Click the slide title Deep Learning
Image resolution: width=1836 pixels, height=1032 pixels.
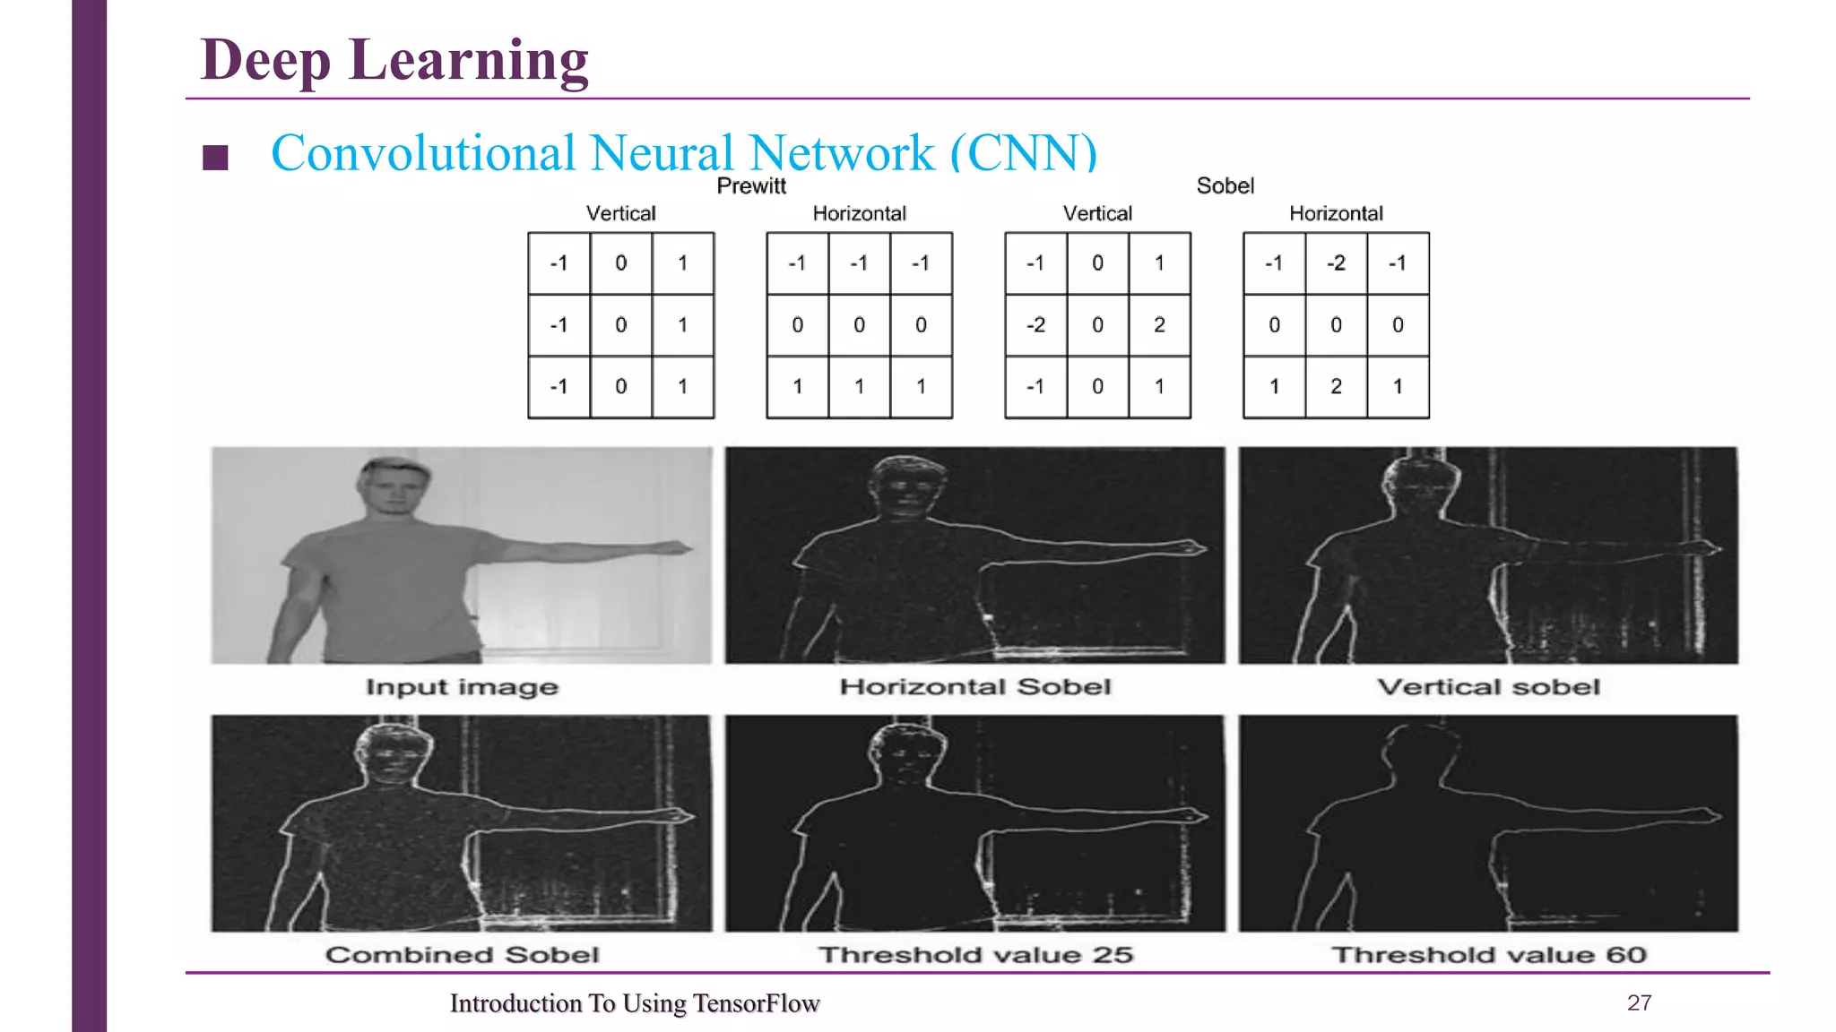pos(394,60)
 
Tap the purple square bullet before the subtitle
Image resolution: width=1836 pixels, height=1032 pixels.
pos(215,158)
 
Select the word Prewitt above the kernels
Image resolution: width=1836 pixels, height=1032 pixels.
pos(751,186)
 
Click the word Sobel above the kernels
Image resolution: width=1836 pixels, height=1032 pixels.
pos(1225,186)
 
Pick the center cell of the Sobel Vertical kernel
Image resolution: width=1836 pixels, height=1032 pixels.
pos(1097,325)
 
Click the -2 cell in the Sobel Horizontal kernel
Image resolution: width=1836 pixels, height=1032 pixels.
pos(1336,263)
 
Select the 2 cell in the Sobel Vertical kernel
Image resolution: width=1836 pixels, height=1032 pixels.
pos(1159,325)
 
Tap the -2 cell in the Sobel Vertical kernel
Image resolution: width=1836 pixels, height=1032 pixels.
pos(1035,325)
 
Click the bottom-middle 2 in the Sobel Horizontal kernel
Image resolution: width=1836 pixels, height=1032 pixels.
pos(1336,387)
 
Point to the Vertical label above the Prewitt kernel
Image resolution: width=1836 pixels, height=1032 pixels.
pos(620,214)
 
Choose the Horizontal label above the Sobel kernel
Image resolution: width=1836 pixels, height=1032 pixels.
pos(1336,214)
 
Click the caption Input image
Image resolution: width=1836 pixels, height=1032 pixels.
pos(462,687)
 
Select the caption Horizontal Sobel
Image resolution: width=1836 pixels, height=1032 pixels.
pos(975,687)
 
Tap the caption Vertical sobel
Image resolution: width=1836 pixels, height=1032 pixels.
pos(1488,687)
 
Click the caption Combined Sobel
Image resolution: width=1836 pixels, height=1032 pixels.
pos(462,955)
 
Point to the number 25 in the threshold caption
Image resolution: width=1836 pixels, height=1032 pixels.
pos(1113,955)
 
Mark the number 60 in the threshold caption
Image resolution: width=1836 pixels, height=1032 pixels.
pos(1626,955)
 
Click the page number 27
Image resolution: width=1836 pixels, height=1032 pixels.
pos(1639,1003)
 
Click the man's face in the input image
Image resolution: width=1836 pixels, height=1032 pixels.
pos(392,488)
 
